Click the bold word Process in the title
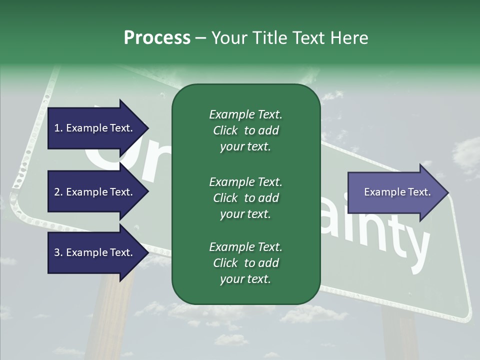pyautogui.click(x=157, y=38)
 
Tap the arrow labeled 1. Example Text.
pyautogui.click(x=95, y=128)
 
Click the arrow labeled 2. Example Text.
pyautogui.click(x=95, y=192)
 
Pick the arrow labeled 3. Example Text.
pyautogui.click(x=95, y=252)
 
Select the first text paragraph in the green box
pyautogui.click(x=245, y=130)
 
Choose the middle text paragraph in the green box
pyautogui.click(x=245, y=198)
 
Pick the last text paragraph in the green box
pyautogui.click(x=245, y=263)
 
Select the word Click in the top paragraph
pyautogui.click(x=225, y=130)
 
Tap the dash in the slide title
pyautogui.click(x=200, y=38)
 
